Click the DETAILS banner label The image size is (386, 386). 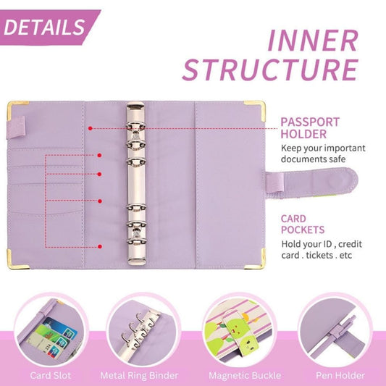(45, 27)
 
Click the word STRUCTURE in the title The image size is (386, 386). (269, 70)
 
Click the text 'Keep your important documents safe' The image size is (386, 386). (322, 154)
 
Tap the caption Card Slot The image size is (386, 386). (50, 375)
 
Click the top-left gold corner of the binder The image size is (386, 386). (14, 109)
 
